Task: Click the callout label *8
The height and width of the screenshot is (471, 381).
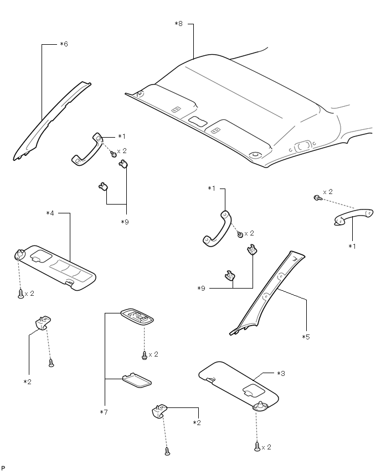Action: (178, 23)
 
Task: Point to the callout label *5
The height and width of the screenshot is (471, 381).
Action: (306, 337)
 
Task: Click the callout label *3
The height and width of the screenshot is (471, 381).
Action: (281, 373)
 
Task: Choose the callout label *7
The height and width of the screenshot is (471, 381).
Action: (103, 412)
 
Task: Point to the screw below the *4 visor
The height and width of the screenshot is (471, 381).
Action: (20, 294)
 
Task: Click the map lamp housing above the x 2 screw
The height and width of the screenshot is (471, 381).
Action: (136, 318)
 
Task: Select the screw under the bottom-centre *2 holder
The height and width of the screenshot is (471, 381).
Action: (167, 451)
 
